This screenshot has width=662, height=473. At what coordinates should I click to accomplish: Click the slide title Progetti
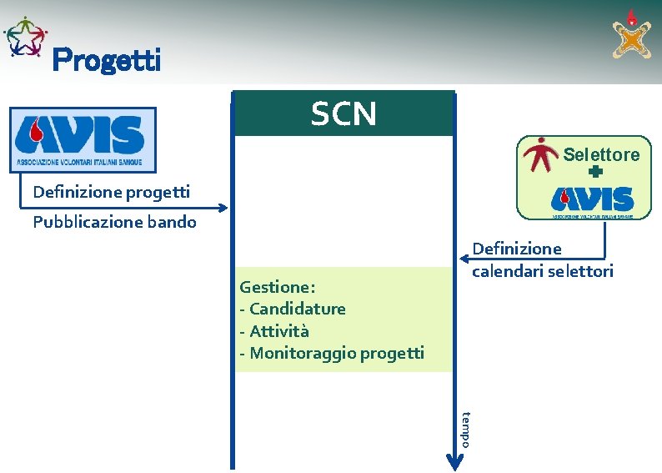[106, 60]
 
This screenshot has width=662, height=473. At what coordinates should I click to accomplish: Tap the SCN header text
[344, 113]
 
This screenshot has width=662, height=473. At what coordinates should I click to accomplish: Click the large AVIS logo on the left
[83, 139]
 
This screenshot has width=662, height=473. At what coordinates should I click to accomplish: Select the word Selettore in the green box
[601, 154]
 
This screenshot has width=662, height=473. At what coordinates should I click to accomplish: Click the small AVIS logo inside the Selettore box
[592, 200]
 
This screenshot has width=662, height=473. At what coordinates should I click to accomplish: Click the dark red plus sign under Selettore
[594, 174]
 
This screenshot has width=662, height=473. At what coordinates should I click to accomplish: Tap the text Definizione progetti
[111, 192]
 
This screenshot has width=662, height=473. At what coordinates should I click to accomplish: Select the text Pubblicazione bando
[114, 222]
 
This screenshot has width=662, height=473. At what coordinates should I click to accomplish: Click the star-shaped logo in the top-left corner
[24, 37]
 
